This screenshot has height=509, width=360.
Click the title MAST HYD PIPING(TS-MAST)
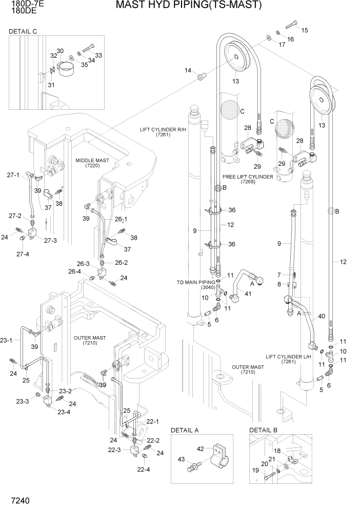(x=189, y=6)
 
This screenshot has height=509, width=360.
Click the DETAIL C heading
(x=23, y=32)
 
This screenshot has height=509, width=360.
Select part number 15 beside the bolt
(x=305, y=30)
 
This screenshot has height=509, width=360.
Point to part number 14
(x=188, y=70)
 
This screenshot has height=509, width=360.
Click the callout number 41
(x=248, y=294)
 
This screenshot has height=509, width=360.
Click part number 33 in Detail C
(x=98, y=55)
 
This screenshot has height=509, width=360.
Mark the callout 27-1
(x=14, y=175)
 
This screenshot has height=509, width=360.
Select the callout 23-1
(x=6, y=340)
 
